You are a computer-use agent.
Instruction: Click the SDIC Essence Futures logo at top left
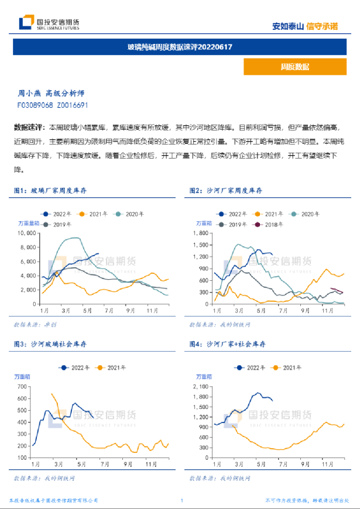[49, 24]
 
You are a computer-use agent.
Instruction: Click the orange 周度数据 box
[294, 67]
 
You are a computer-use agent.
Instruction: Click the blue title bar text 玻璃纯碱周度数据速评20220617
[180, 46]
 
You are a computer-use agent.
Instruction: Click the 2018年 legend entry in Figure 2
[270, 224]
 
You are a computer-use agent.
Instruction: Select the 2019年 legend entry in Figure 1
[58, 224]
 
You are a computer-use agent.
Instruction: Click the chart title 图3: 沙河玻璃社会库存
[54, 345]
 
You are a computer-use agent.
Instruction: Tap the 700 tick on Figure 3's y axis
[23, 386]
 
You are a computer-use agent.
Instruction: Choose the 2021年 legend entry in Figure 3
[115, 367]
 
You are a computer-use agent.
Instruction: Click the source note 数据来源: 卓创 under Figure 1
[35, 324]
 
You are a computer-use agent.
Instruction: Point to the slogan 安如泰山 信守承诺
[305, 26]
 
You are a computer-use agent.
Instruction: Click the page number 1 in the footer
[182, 501]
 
